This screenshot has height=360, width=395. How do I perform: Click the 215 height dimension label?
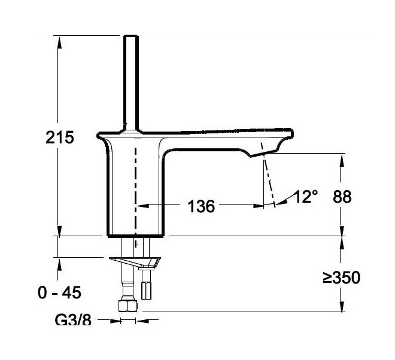pyautogui.click(x=60, y=137)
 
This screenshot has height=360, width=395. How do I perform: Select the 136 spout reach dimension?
pyautogui.click(x=201, y=206)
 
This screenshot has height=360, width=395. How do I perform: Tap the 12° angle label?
pyautogui.click(x=306, y=196)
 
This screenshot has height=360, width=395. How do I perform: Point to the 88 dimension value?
pyautogui.click(x=342, y=197)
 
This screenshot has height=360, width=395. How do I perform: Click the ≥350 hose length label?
pyautogui.click(x=341, y=277)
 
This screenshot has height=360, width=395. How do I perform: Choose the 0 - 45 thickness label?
pyautogui.click(x=59, y=292)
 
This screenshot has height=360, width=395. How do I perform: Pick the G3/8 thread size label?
pyautogui.click(x=73, y=320)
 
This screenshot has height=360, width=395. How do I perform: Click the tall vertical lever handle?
pyautogui.click(x=131, y=83)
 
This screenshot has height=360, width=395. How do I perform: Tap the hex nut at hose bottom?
pyautogui.click(x=128, y=306)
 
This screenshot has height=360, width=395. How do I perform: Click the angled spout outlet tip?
pyautogui.click(x=263, y=154)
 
